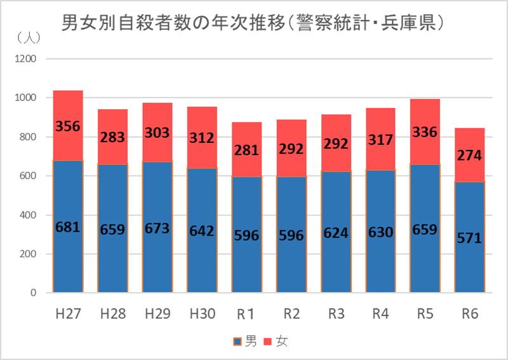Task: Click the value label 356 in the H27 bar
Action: [x=68, y=126]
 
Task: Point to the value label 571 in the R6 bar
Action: [x=470, y=238]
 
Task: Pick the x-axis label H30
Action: [x=203, y=314]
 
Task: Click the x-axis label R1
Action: [x=246, y=314]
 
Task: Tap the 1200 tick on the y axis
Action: [x=26, y=59]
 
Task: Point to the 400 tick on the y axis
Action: [x=29, y=215]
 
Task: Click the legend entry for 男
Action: [x=245, y=342]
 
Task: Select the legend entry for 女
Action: [x=274, y=342]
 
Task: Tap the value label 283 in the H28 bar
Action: [x=112, y=138]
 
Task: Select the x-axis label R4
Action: [x=380, y=314]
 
